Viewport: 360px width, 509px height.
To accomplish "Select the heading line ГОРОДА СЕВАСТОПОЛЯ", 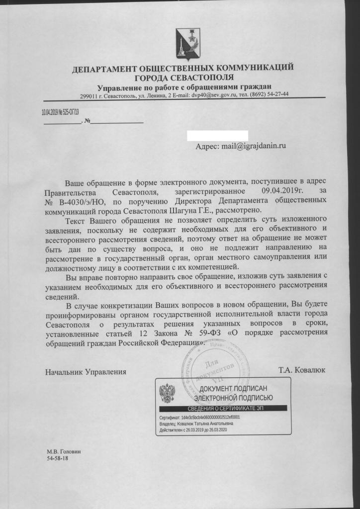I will click(x=183, y=78).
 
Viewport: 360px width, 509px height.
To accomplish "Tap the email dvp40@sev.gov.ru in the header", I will click(x=219, y=94).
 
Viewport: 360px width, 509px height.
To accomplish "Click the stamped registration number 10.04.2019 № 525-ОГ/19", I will click(x=60, y=112).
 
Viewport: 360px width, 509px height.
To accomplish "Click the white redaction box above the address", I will click(x=217, y=135).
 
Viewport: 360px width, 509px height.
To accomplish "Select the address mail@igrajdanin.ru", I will click(x=242, y=147).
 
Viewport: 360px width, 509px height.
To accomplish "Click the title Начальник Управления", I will click(x=85, y=371).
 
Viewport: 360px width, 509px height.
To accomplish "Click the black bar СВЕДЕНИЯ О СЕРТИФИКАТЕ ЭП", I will click(x=222, y=408).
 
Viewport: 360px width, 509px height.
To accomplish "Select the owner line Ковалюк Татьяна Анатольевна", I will click(x=195, y=424).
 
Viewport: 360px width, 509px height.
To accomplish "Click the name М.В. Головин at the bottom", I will click(x=63, y=451).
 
